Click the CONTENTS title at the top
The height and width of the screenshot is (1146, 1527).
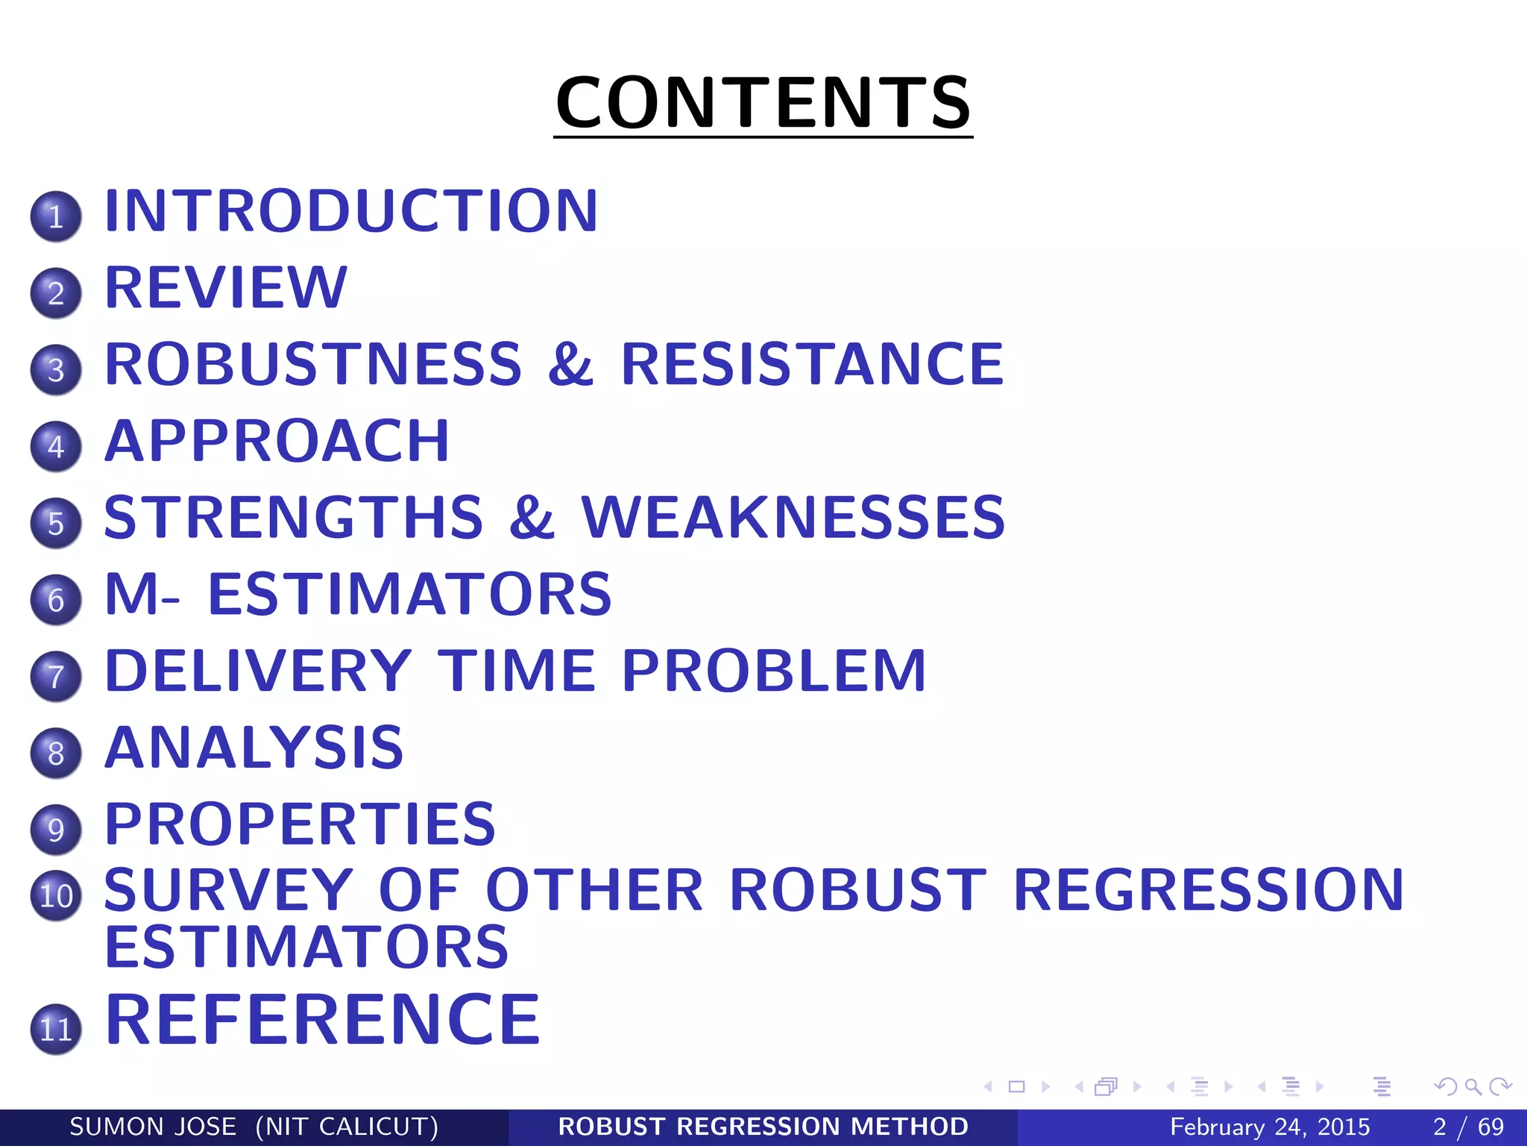point(763,102)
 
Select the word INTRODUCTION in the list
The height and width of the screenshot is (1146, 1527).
point(351,211)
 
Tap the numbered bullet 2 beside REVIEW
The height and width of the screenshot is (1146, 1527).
point(56,292)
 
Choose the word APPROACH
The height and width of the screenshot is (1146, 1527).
point(277,441)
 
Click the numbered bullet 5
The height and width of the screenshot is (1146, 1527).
point(56,523)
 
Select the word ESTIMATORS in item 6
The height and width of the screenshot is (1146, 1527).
point(410,595)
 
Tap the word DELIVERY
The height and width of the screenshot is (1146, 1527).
point(258,671)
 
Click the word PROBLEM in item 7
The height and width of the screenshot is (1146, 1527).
point(774,671)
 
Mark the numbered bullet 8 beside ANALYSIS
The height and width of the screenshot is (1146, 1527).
point(56,753)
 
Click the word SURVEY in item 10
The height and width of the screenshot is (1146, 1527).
point(229,890)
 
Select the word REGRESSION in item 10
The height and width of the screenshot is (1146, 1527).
point(1209,890)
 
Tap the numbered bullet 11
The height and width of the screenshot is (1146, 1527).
point(56,1029)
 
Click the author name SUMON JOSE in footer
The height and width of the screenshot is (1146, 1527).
point(153,1127)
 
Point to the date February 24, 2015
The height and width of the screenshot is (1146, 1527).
point(1270,1127)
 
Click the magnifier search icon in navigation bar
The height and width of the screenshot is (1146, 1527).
point(1473,1087)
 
